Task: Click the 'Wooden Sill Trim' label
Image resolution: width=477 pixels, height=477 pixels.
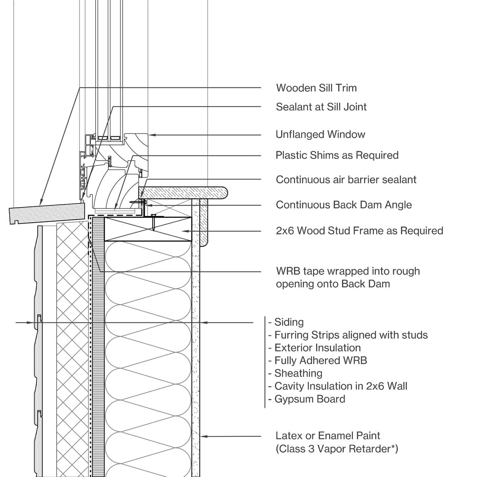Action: point(316,88)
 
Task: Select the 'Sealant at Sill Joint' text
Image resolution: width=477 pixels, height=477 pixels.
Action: point(321,107)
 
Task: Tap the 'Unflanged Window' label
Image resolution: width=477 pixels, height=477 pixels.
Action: point(320,134)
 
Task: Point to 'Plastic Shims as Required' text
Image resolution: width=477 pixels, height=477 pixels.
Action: point(337,155)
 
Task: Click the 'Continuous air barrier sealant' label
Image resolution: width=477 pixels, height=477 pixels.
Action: point(346,180)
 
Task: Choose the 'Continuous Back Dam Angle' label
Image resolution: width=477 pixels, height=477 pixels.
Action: point(343,205)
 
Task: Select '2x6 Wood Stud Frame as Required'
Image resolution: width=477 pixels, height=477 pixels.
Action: point(359,231)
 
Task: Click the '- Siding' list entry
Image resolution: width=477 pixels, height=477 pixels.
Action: point(286,322)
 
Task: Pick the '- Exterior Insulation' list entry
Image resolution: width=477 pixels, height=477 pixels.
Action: point(314,348)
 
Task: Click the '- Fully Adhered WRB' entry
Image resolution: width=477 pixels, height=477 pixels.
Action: point(318,361)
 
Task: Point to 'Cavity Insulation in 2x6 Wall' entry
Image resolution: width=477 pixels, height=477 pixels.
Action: point(338,386)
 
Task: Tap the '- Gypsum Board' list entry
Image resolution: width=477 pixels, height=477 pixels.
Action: point(306,399)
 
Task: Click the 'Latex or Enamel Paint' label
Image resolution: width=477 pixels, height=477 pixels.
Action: point(328,436)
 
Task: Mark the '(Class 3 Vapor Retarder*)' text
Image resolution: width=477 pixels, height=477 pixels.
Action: point(337,449)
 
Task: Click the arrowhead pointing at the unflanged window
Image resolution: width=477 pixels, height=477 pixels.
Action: point(152,135)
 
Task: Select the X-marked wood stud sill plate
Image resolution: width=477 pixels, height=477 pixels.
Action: point(148,229)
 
